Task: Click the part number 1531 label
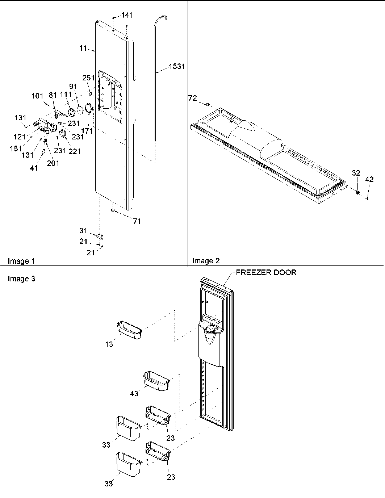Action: tap(177, 67)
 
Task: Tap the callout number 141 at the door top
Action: tap(127, 15)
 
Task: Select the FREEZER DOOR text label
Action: tap(266, 273)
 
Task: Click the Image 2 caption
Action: tap(206, 261)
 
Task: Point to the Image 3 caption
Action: tap(21, 279)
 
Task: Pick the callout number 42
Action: tap(369, 179)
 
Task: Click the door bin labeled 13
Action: tap(129, 330)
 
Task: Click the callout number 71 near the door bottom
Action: tap(137, 221)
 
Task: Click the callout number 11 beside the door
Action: tap(83, 48)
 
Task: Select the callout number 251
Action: tap(88, 78)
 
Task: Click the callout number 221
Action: tap(75, 152)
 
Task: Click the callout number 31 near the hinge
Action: tap(83, 230)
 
